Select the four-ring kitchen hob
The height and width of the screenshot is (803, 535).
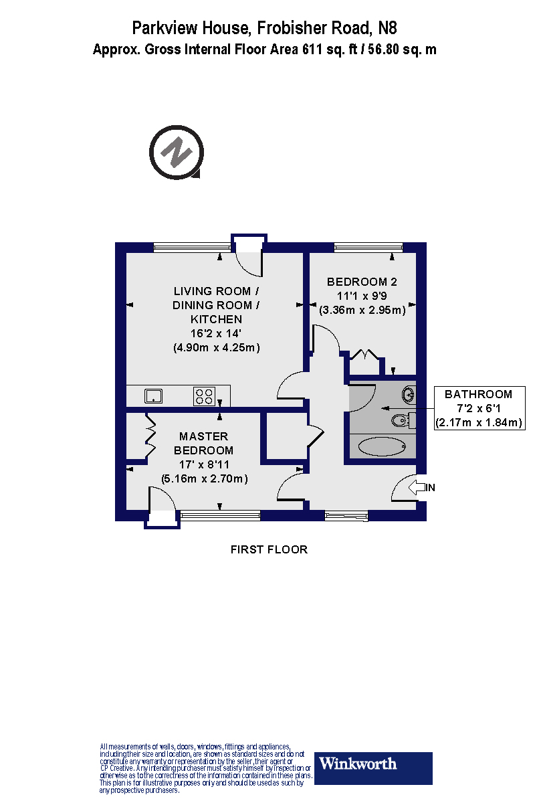[x=204, y=396]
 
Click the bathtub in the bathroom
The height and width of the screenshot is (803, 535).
[x=382, y=446]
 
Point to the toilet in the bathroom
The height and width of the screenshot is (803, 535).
[x=402, y=420]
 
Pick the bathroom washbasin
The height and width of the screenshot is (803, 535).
[x=409, y=393]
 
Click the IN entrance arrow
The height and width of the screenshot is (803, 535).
[x=419, y=488]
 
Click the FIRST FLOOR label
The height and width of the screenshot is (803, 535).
[x=269, y=549]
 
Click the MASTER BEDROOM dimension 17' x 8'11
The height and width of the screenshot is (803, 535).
[x=206, y=464]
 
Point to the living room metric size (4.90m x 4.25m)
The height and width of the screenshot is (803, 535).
[x=216, y=347]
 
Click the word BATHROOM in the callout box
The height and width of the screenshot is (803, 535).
[x=479, y=394]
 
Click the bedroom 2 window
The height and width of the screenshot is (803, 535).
[x=368, y=248]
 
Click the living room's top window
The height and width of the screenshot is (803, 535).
[x=191, y=248]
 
